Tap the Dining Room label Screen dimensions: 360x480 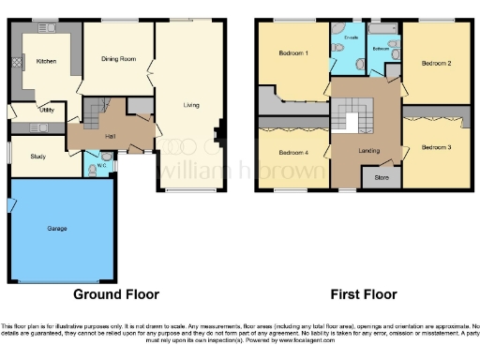(119, 59)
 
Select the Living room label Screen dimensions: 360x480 (194, 106)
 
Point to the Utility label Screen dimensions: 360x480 (47, 110)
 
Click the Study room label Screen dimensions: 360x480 (38, 157)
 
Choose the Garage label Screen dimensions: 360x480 (57, 228)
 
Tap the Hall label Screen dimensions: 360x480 (110, 138)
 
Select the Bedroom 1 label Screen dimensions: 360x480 (293, 53)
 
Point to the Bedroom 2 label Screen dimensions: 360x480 (436, 63)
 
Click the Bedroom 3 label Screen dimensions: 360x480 (436, 147)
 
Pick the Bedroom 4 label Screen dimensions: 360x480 (293, 152)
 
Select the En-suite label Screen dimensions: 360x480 (352, 37)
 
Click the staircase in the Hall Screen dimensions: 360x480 (92, 116)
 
